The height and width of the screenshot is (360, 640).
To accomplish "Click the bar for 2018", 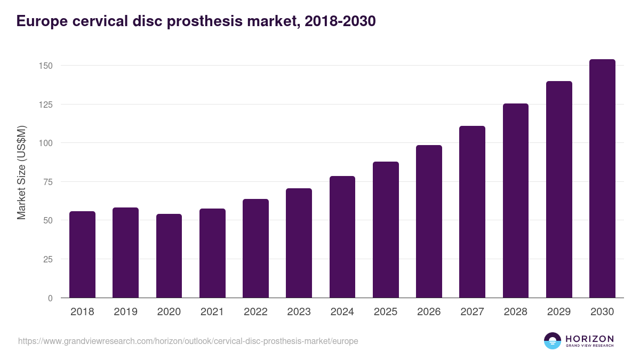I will coord(82,254).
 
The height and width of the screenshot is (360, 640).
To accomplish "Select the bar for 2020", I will coord(169,256).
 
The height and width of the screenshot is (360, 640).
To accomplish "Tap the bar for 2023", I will coord(299,243).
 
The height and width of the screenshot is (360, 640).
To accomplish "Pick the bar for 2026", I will coord(429,221).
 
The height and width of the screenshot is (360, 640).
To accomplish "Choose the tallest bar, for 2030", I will coord(602,179).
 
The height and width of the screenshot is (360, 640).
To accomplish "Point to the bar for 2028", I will coord(515,201).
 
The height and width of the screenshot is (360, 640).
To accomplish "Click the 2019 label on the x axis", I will coord(125,311).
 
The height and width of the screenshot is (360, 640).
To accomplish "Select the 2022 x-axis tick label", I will coord(255,311).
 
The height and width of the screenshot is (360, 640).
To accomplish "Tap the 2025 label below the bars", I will coord(386,311).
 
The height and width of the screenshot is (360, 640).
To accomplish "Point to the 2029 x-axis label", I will coord(559,311).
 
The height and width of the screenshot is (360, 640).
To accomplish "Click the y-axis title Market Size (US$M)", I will coord(22,172).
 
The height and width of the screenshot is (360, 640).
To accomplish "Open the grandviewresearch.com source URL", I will coord(188,341).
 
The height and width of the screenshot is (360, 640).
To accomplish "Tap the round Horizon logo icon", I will coord(553,341).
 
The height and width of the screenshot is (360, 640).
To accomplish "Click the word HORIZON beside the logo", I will coord(590,338).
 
